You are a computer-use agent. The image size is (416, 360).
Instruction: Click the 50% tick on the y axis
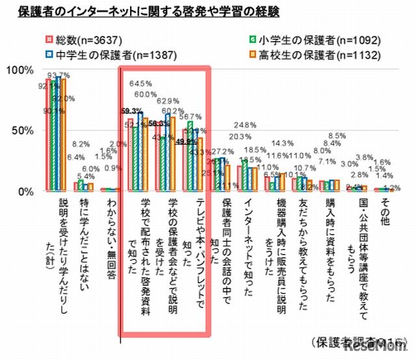[x=23, y=131]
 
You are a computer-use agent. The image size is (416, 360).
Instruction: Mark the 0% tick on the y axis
[x=26, y=192]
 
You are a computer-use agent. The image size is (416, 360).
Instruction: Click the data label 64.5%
[x=141, y=84]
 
